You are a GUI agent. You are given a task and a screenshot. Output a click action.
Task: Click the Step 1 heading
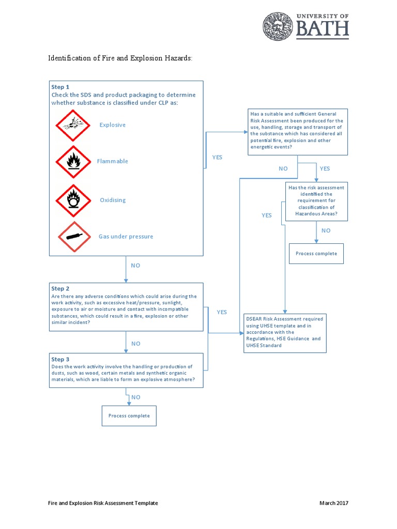(x=60, y=87)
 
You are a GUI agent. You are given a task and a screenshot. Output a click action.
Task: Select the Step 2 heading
(x=60, y=288)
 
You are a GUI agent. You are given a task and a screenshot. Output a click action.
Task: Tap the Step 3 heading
(x=60, y=359)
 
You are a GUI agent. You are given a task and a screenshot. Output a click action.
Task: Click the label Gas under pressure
(x=126, y=237)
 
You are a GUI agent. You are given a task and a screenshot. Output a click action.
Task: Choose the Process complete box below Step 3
(x=129, y=416)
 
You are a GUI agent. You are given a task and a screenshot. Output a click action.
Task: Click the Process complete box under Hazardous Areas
(x=316, y=254)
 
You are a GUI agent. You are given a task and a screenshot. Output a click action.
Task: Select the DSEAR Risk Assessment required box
(x=285, y=332)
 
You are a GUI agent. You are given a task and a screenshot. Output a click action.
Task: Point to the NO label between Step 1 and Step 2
(x=135, y=266)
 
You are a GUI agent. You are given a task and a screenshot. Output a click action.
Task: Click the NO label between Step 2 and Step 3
(x=135, y=344)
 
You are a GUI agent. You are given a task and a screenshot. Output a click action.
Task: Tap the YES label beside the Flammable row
(x=217, y=158)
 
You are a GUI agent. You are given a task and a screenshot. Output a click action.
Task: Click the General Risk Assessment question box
(x=297, y=132)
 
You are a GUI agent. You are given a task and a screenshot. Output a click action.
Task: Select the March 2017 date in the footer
(x=334, y=503)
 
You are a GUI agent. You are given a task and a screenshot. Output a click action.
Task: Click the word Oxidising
(x=113, y=200)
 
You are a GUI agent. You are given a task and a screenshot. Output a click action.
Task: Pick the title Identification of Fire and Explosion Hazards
(x=120, y=58)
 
